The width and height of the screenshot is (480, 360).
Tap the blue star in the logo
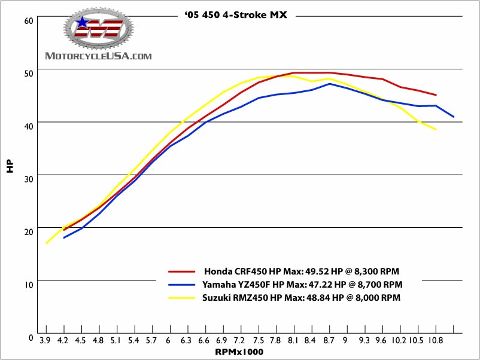pyautogui.click(x=82, y=23)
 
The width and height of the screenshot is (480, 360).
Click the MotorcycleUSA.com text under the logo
pyautogui.click(x=99, y=56)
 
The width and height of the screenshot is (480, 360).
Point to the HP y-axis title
pyautogui.click(x=10, y=166)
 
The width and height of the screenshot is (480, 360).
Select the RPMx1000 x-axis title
pyautogui.click(x=239, y=352)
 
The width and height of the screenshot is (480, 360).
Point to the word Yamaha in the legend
pyautogui.click(x=219, y=284)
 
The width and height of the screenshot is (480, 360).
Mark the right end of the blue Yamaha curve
pyautogui.click(x=454, y=117)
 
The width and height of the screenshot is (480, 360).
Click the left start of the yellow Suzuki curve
pyautogui.click(x=46, y=243)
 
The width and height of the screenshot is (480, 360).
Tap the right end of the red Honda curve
pyautogui.click(x=436, y=95)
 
